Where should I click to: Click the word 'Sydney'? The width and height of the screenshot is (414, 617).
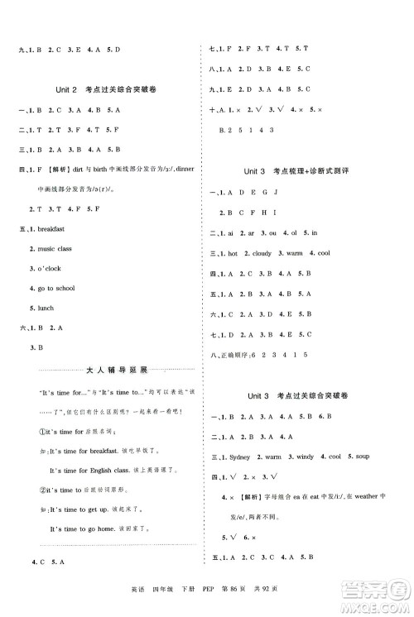247,456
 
